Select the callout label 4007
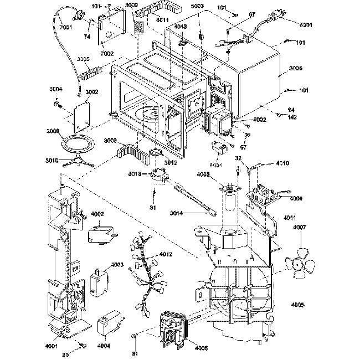300,228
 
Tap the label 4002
97,214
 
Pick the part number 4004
103,346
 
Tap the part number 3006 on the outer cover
296,69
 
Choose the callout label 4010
282,164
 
